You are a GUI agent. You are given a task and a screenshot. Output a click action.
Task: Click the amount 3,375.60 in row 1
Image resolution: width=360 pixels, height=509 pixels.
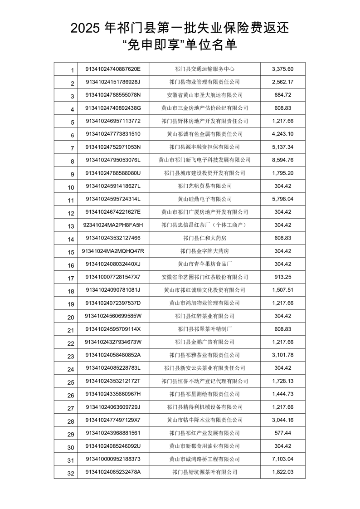click(283, 69)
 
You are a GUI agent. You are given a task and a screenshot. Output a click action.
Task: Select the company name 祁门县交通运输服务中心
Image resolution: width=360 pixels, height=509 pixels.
click(204, 69)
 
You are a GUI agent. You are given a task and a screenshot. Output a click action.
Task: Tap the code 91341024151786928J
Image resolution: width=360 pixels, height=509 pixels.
click(113, 82)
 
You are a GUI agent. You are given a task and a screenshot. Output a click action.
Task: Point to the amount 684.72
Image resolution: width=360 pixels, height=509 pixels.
click(283, 95)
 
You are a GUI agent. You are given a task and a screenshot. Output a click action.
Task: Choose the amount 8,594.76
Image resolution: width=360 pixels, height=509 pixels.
click(283, 160)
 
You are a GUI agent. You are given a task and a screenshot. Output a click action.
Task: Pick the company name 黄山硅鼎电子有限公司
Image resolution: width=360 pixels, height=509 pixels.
click(204, 199)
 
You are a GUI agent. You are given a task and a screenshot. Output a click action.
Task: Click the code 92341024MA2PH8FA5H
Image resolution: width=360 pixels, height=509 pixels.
click(113, 225)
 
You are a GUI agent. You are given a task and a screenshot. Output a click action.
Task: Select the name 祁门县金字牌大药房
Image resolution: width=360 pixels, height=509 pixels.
click(204, 251)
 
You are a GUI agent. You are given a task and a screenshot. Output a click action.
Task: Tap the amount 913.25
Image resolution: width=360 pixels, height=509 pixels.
click(283, 277)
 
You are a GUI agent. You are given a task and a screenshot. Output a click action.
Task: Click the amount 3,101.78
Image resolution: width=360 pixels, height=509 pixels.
click(283, 355)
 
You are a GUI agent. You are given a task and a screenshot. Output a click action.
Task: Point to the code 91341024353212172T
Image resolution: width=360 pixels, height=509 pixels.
click(113, 381)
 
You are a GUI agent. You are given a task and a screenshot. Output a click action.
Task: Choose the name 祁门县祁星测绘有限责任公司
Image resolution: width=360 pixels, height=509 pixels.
click(204, 394)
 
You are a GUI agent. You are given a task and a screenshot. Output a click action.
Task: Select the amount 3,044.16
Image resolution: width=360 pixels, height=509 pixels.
click(283, 420)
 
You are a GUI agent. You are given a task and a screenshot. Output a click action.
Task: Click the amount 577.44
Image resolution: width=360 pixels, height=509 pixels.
click(283, 433)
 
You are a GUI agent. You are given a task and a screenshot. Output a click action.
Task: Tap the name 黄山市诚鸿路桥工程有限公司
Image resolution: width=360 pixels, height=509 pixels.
click(204, 459)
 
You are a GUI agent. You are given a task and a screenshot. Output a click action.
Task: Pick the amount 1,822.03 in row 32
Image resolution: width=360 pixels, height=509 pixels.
click(283, 472)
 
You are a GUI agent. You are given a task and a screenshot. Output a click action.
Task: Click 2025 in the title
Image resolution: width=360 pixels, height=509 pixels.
click(86, 29)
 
